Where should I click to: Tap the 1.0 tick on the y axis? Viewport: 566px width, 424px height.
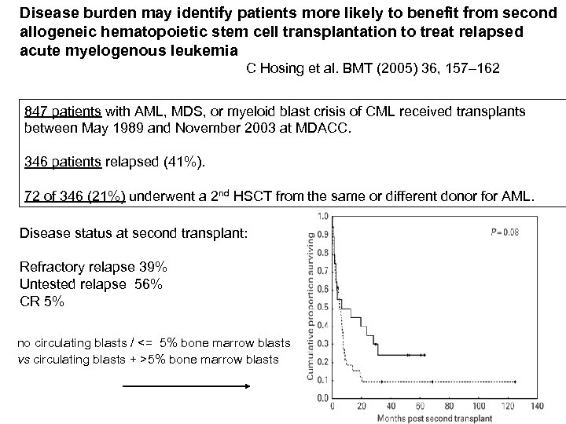322,216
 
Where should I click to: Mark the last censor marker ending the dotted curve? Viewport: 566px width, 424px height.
513,381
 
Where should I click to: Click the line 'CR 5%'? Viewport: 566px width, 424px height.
43,302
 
